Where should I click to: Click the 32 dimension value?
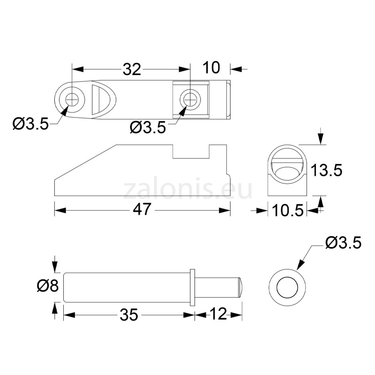(132, 69)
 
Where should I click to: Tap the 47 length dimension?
(142, 209)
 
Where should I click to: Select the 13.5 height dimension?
(326, 170)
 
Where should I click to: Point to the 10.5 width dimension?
(287, 210)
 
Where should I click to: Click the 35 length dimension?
(129, 315)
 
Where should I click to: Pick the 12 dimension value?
(218, 314)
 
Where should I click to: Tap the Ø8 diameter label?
(48, 285)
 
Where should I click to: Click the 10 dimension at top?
(211, 67)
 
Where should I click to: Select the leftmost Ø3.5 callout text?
(30, 124)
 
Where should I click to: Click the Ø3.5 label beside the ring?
(344, 243)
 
